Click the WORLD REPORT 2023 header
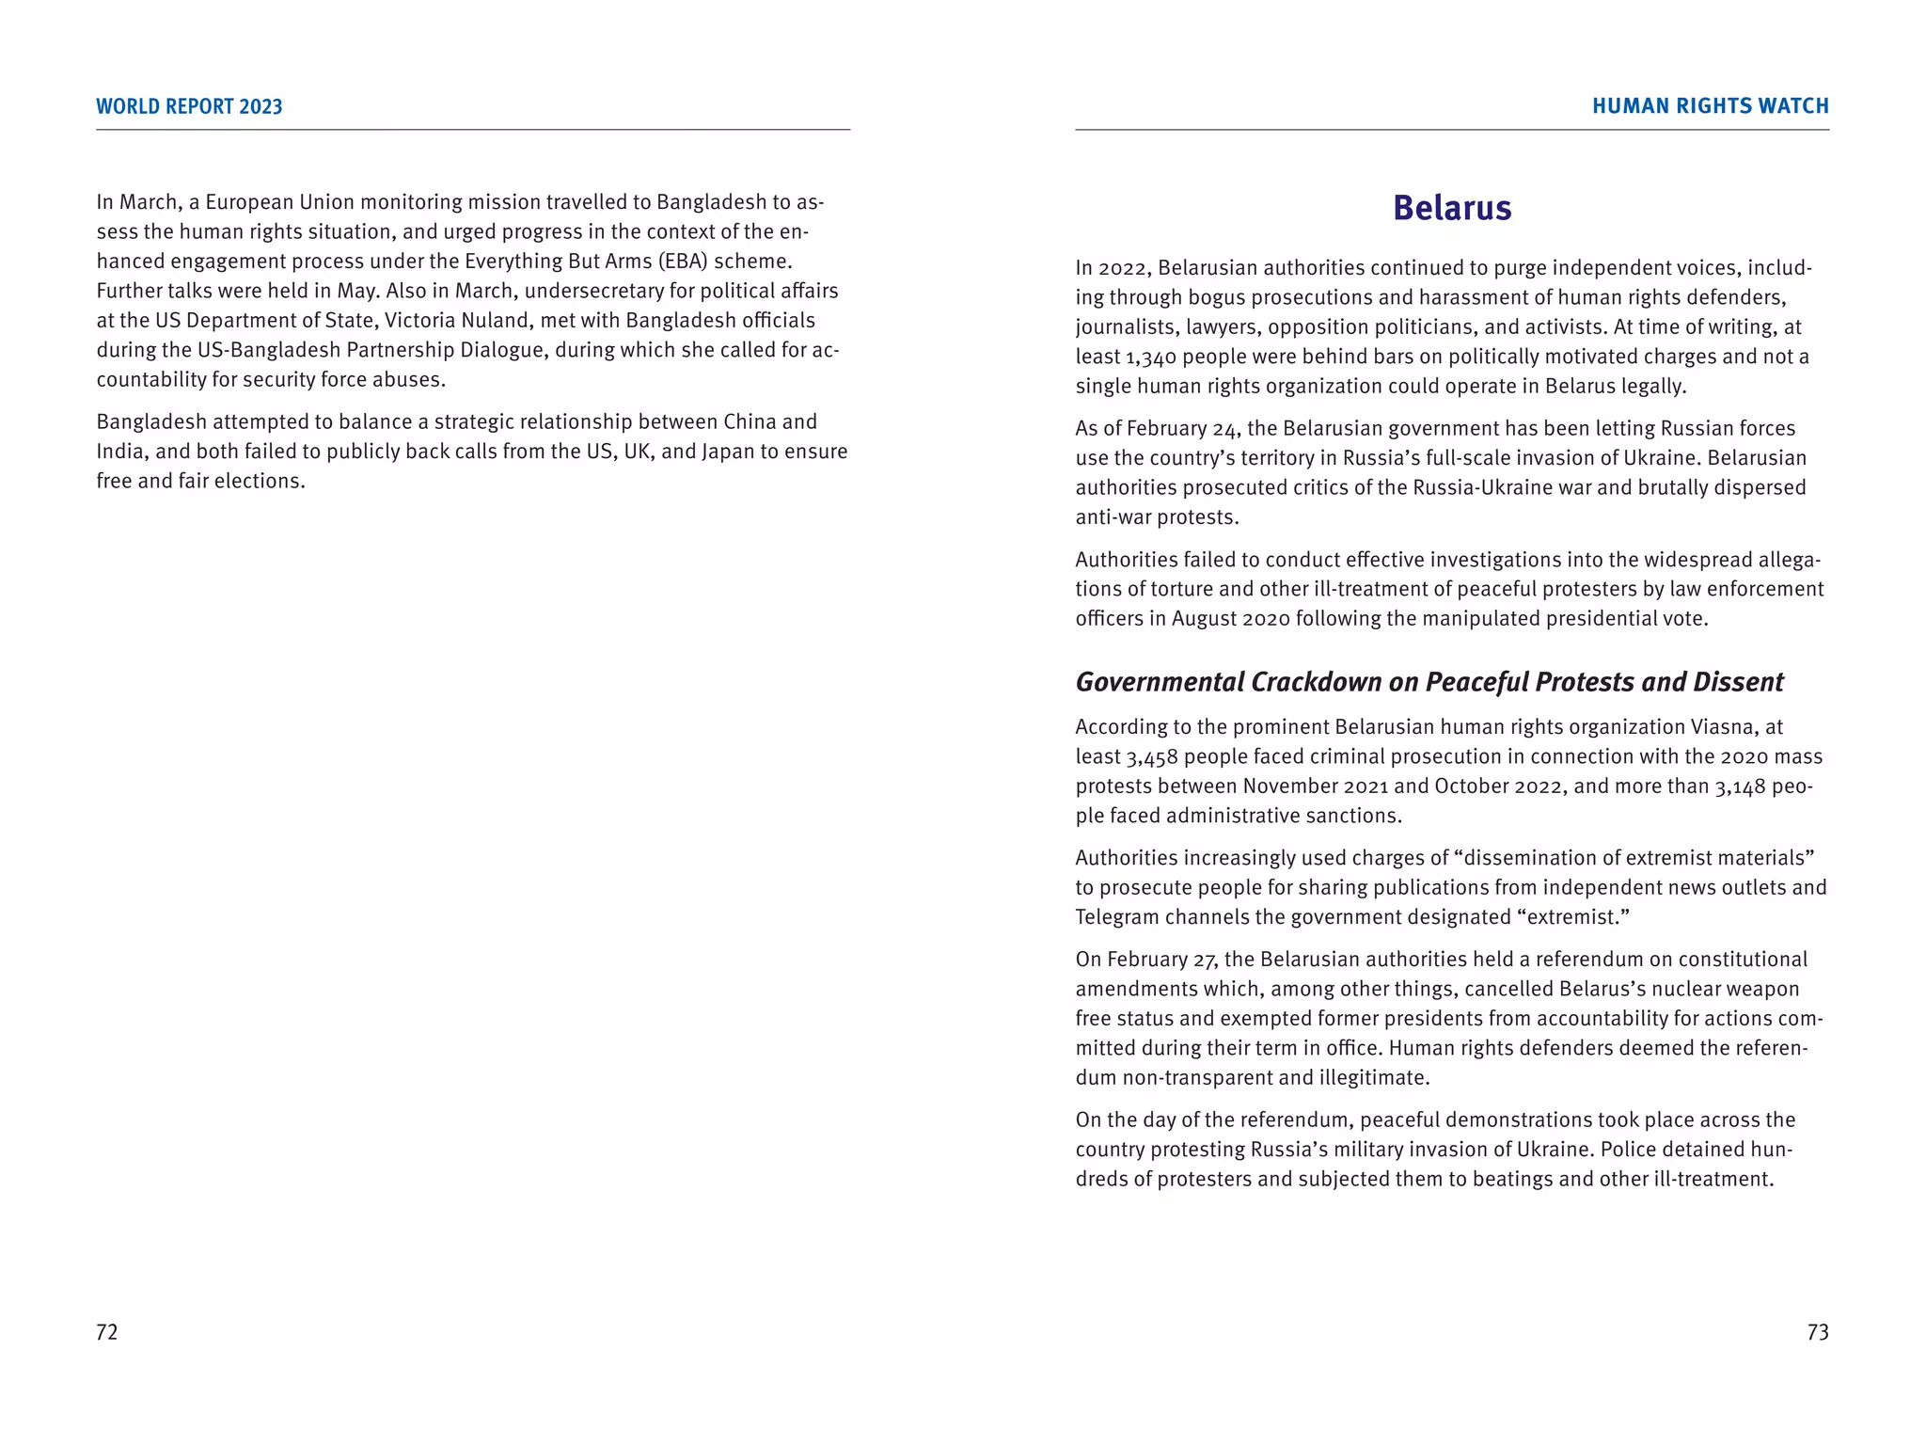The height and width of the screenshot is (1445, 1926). [189, 106]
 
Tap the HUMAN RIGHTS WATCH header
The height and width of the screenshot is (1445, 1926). [1710, 106]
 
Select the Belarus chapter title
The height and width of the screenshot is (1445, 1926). [1452, 208]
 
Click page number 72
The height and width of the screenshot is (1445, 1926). [107, 1332]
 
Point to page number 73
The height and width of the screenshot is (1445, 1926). [1818, 1332]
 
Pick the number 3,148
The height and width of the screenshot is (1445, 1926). [1741, 786]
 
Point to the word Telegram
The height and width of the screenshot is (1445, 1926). [1117, 917]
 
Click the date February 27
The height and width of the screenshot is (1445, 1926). [1162, 960]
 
